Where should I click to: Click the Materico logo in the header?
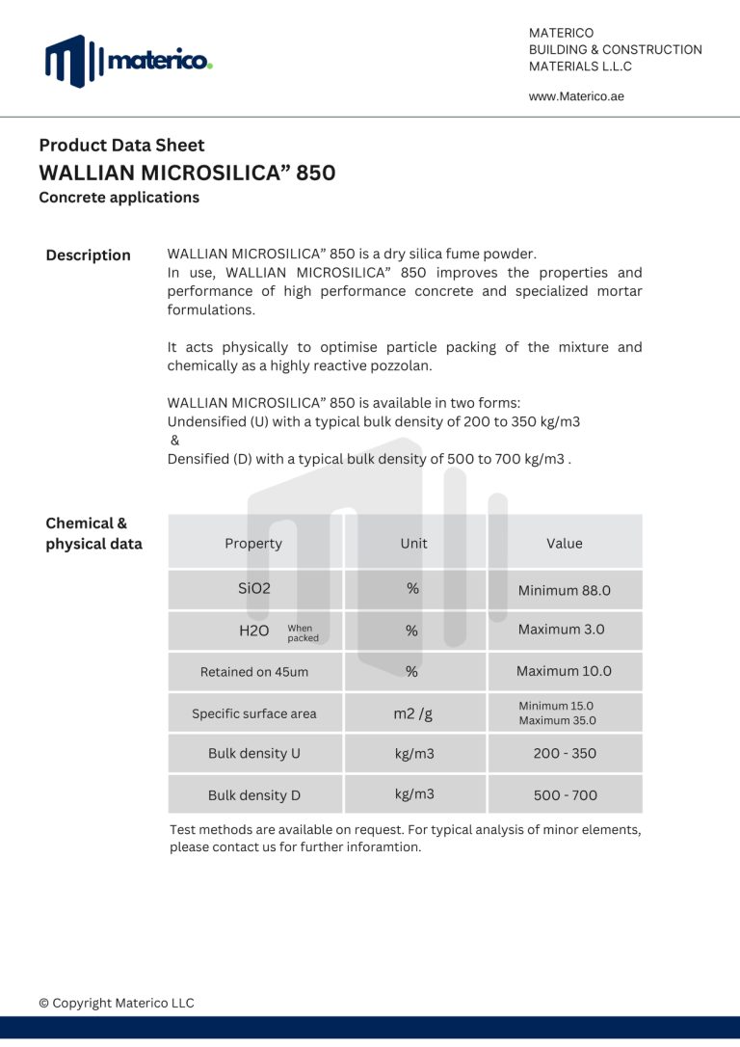click(x=128, y=61)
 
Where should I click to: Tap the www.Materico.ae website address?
click(x=576, y=96)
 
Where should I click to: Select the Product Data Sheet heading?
click(x=121, y=146)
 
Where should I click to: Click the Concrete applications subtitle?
click(x=119, y=198)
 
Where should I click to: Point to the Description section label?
click(x=88, y=255)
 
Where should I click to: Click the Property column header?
click(x=253, y=543)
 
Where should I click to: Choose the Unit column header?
click(x=413, y=543)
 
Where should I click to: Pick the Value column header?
click(x=564, y=543)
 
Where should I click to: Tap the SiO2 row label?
click(x=254, y=588)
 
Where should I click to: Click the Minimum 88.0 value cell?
click(x=564, y=590)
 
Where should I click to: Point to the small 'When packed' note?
click(x=303, y=632)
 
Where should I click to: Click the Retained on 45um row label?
click(x=254, y=672)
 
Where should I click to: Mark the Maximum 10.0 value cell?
click(x=564, y=671)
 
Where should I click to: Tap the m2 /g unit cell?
click(x=413, y=713)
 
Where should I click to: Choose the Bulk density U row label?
click(x=254, y=754)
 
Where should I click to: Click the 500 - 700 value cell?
click(x=565, y=795)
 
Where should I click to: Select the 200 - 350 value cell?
click(x=565, y=754)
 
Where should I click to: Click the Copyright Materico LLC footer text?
click(x=117, y=1003)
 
